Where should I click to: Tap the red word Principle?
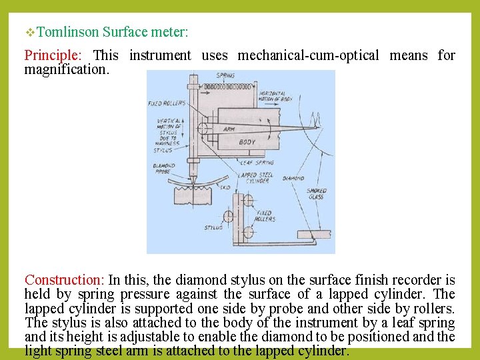click(51, 55)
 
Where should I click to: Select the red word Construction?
click(64, 280)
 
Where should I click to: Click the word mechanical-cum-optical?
click(308, 55)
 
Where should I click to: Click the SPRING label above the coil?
click(225, 75)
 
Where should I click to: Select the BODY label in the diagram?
click(247, 141)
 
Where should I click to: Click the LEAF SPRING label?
click(257, 163)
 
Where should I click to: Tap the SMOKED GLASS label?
click(316, 194)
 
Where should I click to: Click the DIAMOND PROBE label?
click(163, 169)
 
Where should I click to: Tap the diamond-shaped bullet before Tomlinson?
click(31, 32)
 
